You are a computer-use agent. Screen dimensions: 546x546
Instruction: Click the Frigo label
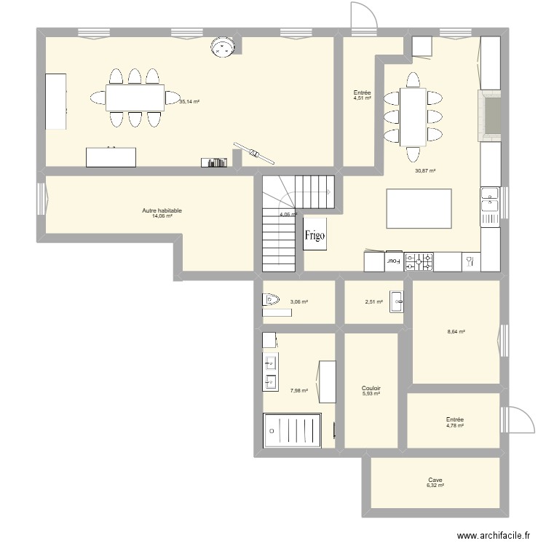click(x=315, y=235)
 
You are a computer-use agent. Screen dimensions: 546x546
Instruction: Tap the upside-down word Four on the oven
click(x=393, y=259)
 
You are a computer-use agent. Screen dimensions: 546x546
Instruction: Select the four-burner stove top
click(x=419, y=261)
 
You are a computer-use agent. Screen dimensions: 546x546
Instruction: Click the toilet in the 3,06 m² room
click(x=271, y=299)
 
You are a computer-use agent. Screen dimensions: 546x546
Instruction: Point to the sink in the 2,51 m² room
click(x=397, y=302)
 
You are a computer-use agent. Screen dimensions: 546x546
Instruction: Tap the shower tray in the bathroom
click(x=291, y=430)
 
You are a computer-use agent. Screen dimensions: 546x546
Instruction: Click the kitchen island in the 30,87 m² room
click(x=417, y=208)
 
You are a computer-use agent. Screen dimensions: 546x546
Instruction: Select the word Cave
click(x=435, y=480)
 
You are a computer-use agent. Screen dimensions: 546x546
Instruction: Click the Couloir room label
click(x=371, y=389)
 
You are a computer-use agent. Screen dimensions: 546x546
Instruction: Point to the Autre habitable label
click(x=162, y=210)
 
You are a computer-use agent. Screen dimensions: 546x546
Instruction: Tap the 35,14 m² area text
click(x=189, y=102)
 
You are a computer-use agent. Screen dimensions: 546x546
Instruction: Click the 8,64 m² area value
click(x=456, y=331)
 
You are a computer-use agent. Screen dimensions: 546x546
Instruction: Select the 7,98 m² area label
click(x=299, y=391)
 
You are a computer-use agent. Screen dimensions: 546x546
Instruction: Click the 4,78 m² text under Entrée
click(x=455, y=425)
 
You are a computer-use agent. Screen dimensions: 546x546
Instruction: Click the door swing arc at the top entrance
click(x=363, y=15)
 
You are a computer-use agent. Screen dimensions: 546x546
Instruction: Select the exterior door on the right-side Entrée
click(x=520, y=422)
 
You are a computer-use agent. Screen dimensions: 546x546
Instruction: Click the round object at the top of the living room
click(x=221, y=47)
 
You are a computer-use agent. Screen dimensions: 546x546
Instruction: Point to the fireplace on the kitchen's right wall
click(x=490, y=115)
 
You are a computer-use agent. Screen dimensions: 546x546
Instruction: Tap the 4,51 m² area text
click(x=363, y=98)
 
